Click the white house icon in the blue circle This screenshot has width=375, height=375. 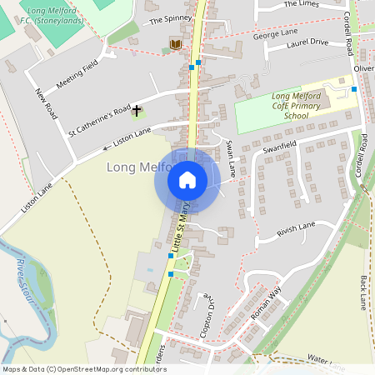pyautogui.click(x=187, y=179)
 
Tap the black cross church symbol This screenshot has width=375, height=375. pyautogui.click(x=137, y=110)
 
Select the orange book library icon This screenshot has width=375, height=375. pyautogui.click(x=175, y=43)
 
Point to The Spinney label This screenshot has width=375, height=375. pyautogui.click(x=170, y=18)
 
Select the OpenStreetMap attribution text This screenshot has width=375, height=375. pyautogui.click(x=84, y=368)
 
